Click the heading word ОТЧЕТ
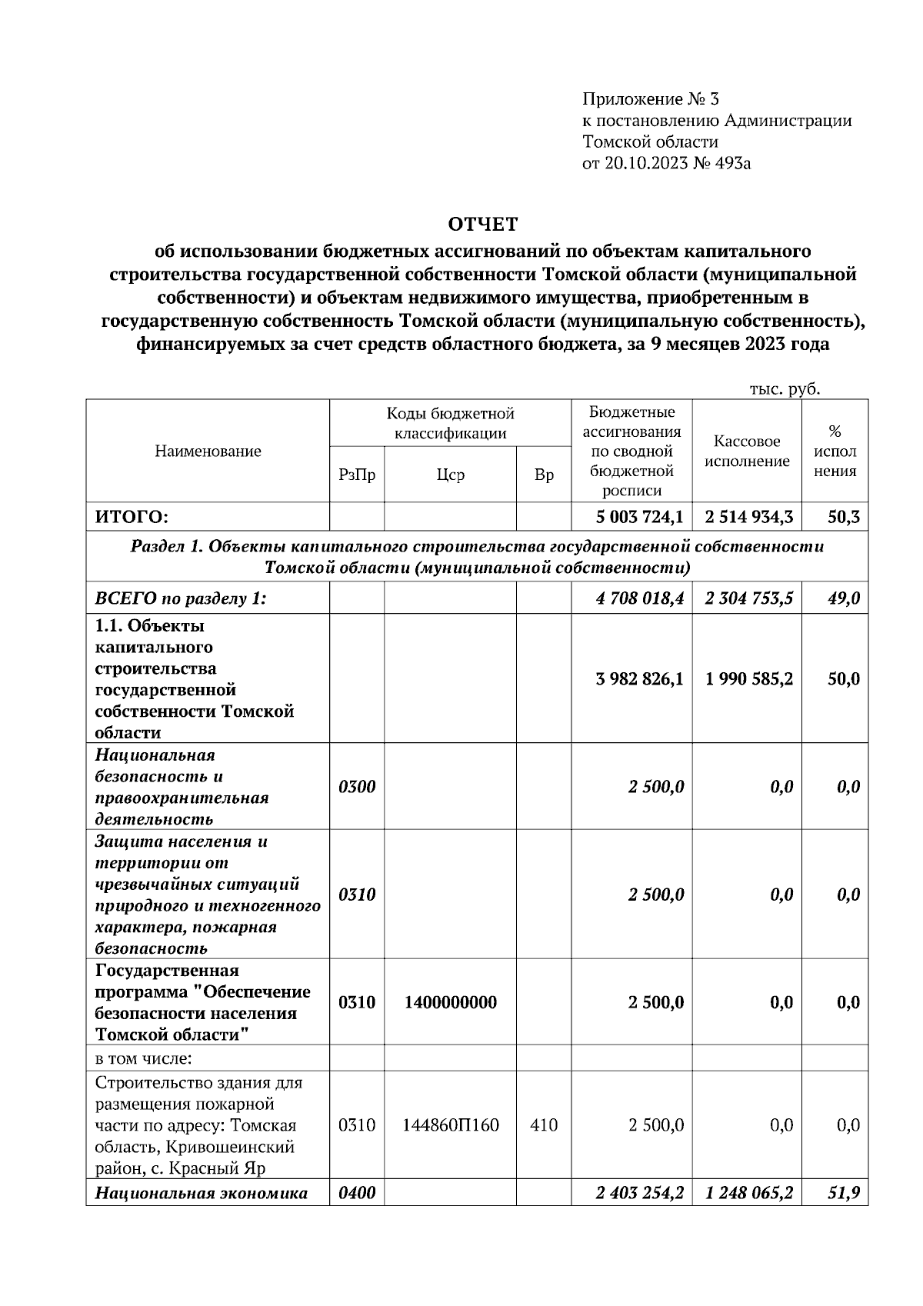point(483,225)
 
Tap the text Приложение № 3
point(650,99)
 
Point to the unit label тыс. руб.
point(785,389)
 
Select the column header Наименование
point(208,451)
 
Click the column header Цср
point(450,475)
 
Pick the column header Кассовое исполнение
point(747,451)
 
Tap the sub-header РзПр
point(357,475)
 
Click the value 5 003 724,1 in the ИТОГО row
point(639,517)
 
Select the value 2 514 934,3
point(748,517)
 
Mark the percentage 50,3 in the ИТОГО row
point(844,517)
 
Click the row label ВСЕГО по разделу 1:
point(181,598)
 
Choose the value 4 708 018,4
point(639,598)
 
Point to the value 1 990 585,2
point(748,679)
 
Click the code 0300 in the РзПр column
point(357,787)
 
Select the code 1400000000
point(450,1002)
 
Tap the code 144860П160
point(450,1125)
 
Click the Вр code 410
point(544,1125)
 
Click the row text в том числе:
point(143,1058)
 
